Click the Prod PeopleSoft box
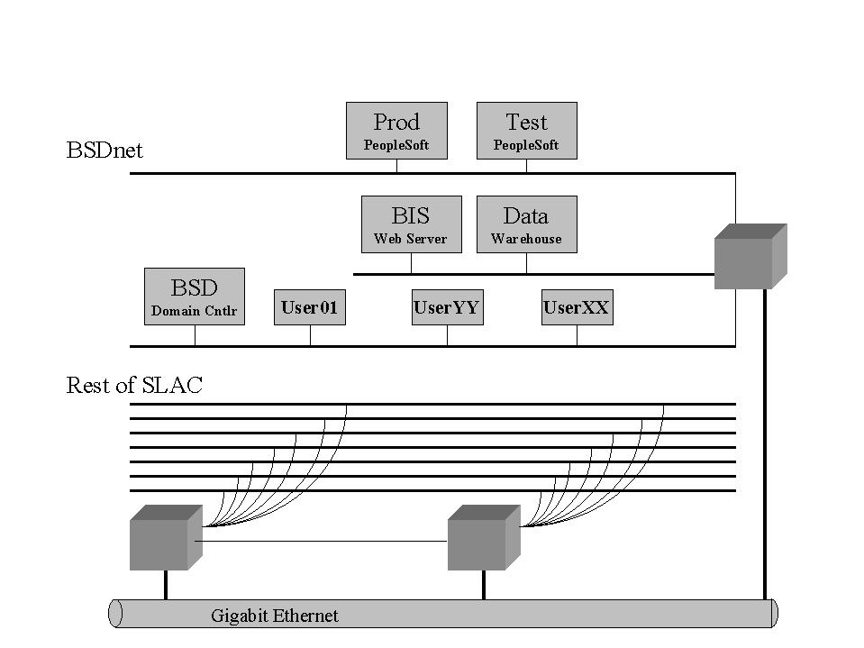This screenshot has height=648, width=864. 396,131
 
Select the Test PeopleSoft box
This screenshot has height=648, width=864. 526,131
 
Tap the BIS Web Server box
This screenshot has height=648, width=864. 411,224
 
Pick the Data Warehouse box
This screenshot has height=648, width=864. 526,224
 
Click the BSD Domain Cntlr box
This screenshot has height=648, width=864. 195,296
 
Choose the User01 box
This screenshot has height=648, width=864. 309,307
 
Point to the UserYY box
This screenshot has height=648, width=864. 447,307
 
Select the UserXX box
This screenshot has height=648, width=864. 577,307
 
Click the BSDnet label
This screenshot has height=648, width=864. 105,151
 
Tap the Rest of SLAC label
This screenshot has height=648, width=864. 134,386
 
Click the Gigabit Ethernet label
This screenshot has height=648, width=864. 275,616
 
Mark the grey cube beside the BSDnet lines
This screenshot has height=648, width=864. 750,257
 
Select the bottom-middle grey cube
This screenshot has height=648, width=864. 483,538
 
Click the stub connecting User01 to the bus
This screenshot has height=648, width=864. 310,335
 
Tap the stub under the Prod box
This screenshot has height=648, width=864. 396,166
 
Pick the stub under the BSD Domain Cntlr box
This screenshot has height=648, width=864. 195,335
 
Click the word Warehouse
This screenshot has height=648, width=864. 526,239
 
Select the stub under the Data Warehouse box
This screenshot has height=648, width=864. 526,263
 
